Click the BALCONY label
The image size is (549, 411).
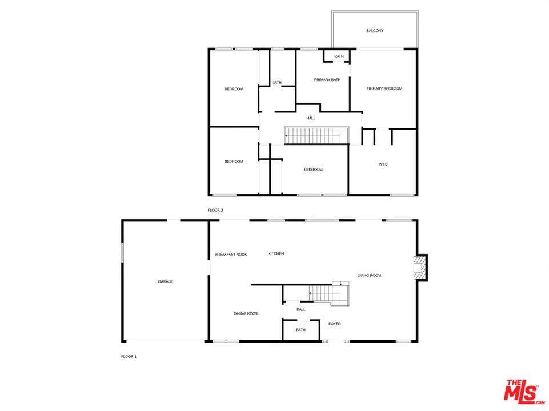coord(375,31)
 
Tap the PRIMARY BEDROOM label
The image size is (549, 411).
coord(384,88)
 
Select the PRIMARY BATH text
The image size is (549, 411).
coord(327,80)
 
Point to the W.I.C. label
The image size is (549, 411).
coord(383,164)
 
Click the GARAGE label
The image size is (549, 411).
coord(166,281)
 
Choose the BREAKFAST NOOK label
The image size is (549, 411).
coord(231,255)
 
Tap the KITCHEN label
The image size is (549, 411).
coord(276,254)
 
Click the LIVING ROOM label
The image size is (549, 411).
coord(369,276)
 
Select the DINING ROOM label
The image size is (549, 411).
coord(246,313)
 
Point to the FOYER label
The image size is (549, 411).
coord(335,324)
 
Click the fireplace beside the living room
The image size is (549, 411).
coord(420,267)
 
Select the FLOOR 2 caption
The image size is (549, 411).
coord(215,211)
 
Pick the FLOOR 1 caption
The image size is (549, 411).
coord(129,356)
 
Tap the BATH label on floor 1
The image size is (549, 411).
coord(300,330)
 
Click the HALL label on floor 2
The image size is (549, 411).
coord(311,118)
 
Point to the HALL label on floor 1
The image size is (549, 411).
coord(300,309)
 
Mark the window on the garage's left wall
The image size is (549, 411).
coord(122,253)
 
